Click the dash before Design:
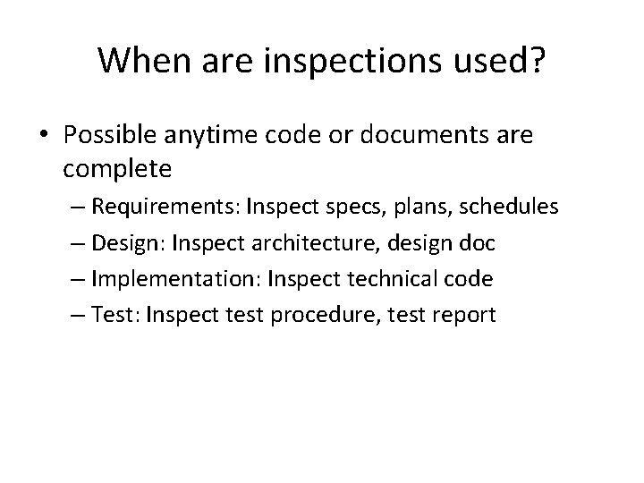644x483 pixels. tap(78, 243)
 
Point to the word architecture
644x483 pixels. tap(325, 243)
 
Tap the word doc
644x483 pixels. tap(480, 243)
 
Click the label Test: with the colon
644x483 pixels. tap(115, 315)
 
